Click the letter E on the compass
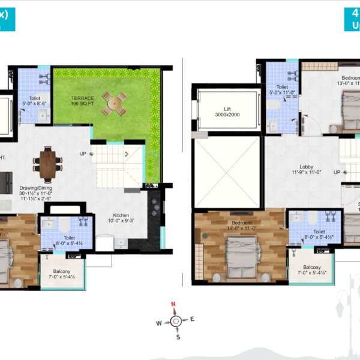pos(192,319)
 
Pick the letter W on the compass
pos(159,323)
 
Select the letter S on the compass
pos(178,337)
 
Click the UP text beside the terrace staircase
pos(83,154)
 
